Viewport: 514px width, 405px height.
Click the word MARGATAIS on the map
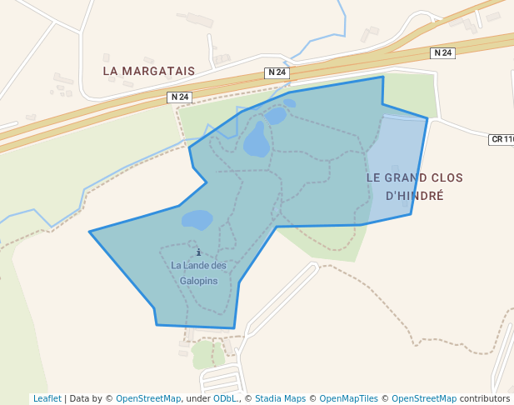click(159, 71)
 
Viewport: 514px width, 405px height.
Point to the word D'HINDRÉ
click(415, 196)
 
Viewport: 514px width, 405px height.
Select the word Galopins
click(198, 281)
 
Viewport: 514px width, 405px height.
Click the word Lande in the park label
click(197, 266)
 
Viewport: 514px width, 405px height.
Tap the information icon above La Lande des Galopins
click(198, 252)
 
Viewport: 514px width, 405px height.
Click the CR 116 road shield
click(502, 139)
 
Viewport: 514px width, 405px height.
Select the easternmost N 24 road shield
click(443, 53)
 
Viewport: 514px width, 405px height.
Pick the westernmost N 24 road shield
click(179, 97)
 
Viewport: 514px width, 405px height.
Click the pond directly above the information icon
click(197, 220)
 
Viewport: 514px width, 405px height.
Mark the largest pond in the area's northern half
click(257, 141)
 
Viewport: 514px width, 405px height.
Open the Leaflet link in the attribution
click(47, 398)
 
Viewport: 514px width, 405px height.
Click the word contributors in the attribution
click(484, 398)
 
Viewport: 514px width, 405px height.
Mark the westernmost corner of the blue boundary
click(90, 232)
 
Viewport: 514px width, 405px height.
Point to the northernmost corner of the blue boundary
click(382, 77)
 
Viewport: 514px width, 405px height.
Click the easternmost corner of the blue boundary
click(427, 118)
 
